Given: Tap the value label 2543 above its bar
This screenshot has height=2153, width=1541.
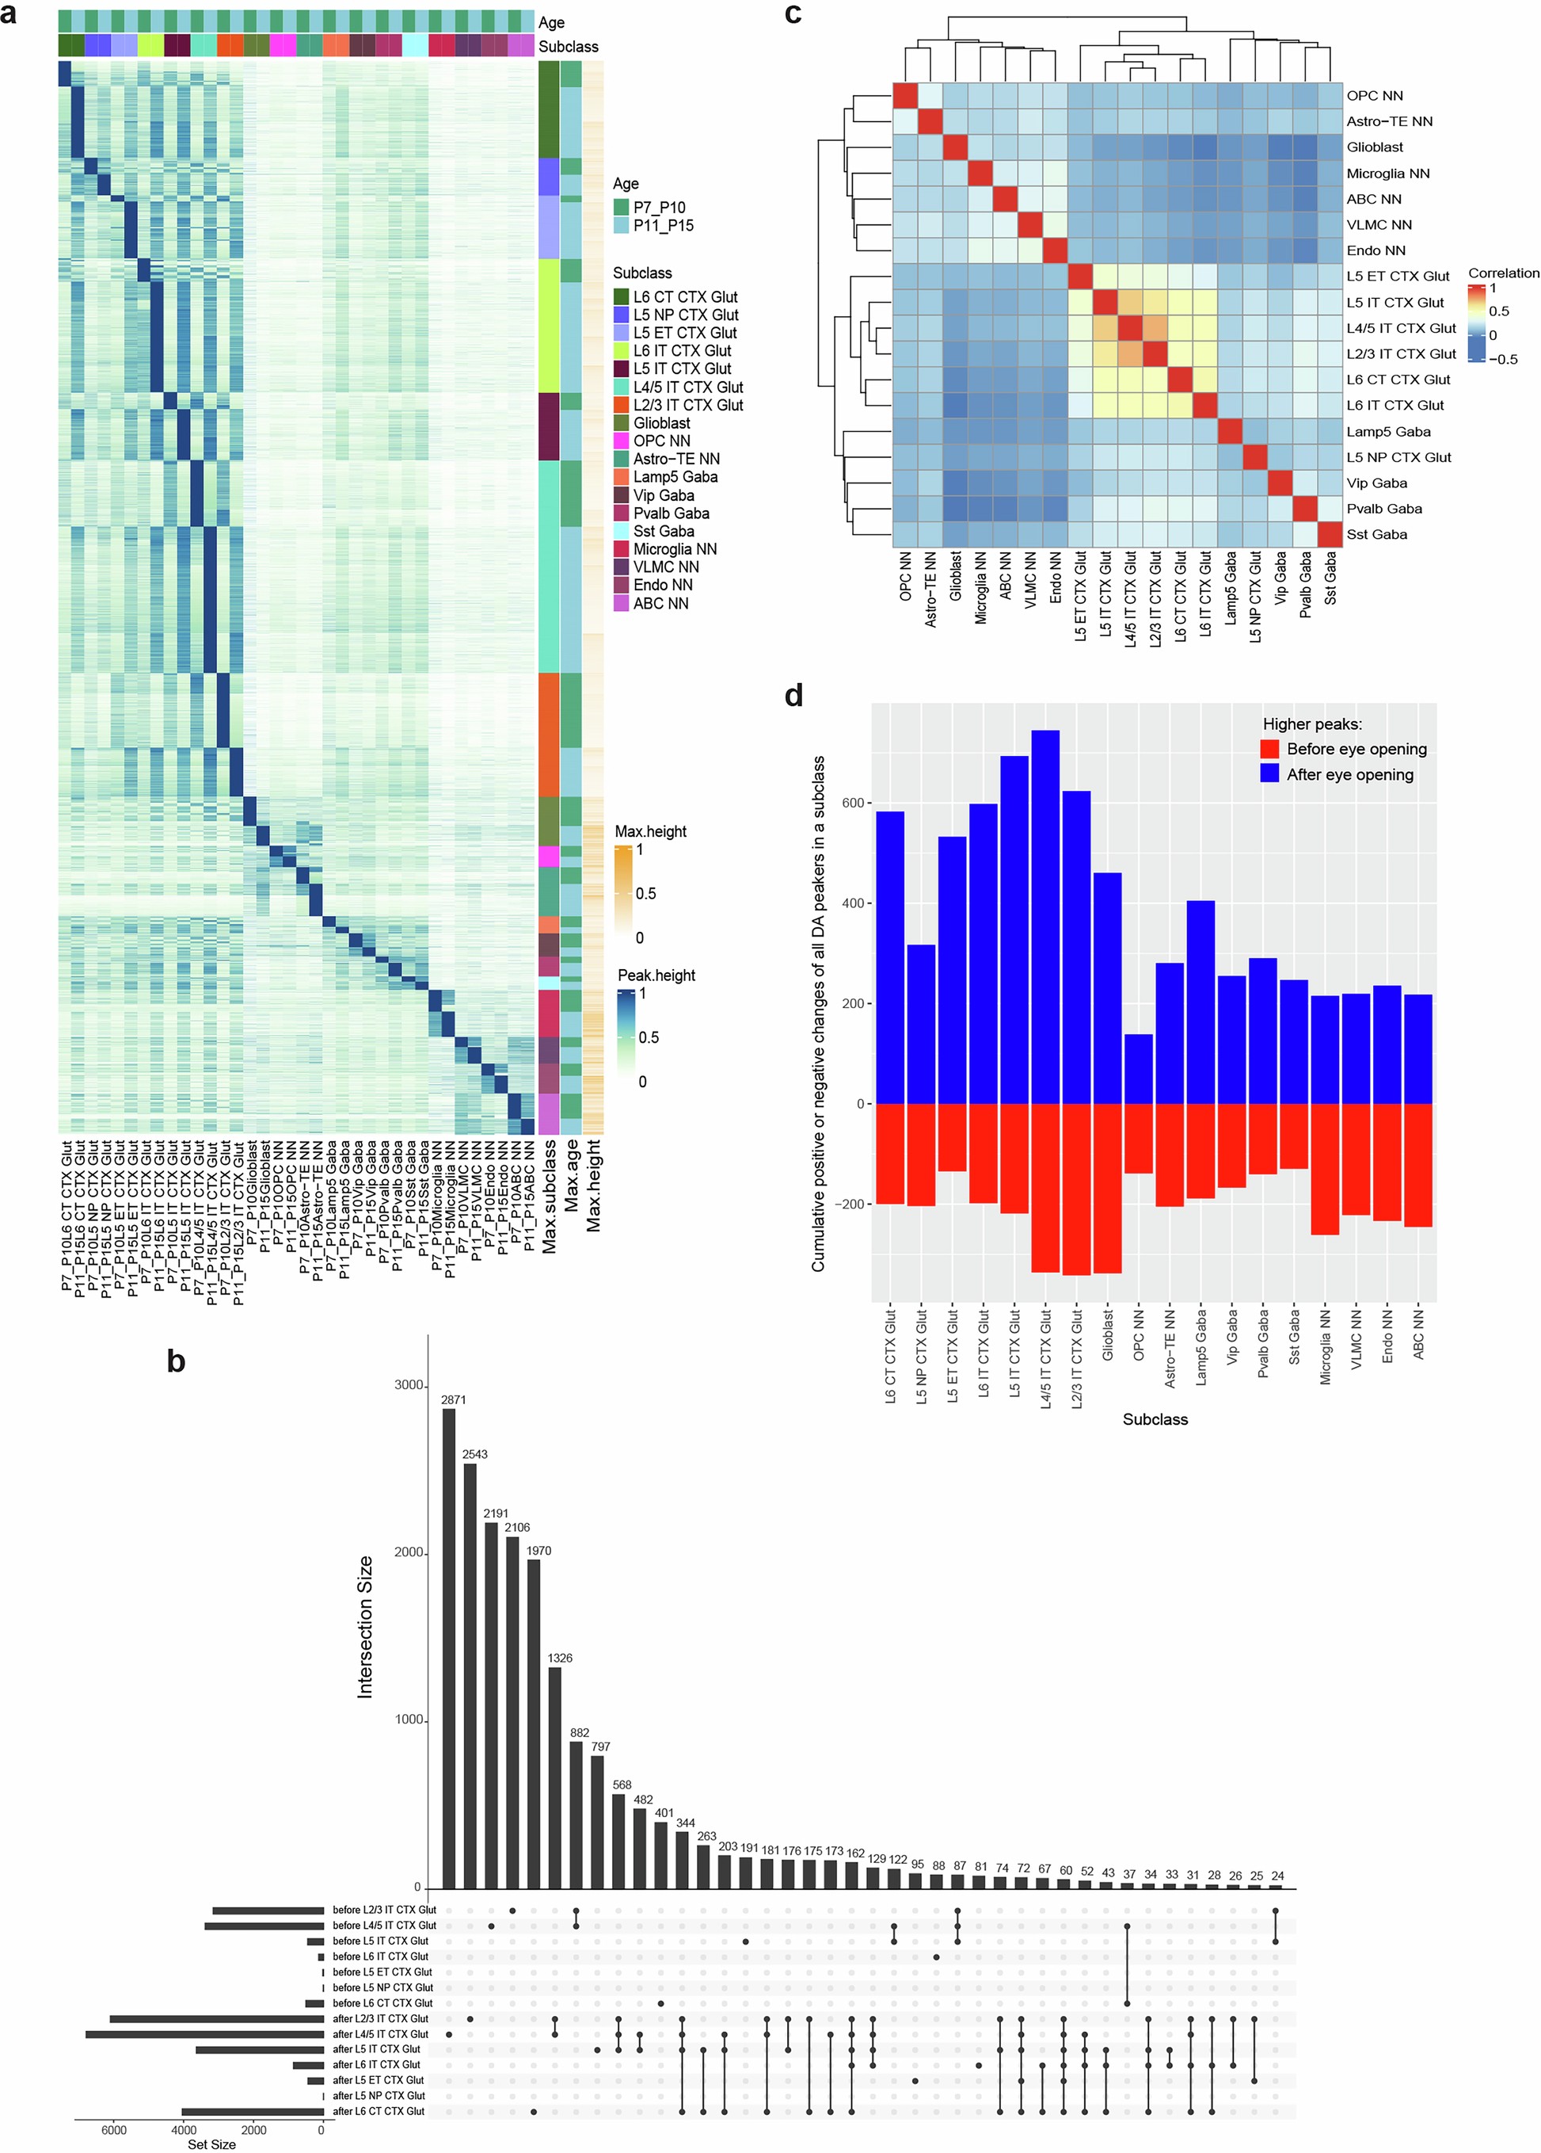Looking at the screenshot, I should [x=474, y=1454].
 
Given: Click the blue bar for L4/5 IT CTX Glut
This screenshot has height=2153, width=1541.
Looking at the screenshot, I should [x=1044, y=916].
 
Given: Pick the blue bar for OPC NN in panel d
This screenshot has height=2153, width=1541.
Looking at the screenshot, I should [x=1139, y=1069].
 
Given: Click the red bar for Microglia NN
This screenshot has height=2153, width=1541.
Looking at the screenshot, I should [x=1325, y=1169].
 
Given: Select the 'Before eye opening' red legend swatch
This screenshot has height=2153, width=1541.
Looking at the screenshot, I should [x=1269, y=749].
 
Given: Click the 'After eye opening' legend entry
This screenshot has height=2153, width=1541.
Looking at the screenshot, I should [x=1349, y=775].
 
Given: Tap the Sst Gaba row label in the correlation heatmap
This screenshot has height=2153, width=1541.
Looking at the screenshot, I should [x=1376, y=534].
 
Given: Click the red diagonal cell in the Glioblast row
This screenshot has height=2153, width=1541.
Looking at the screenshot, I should [x=954, y=147].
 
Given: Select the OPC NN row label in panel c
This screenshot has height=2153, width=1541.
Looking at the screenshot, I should [x=1374, y=96].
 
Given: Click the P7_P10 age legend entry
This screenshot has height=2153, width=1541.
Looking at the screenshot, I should [x=660, y=207].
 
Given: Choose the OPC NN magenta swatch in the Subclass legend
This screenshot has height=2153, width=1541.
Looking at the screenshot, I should [x=622, y=441].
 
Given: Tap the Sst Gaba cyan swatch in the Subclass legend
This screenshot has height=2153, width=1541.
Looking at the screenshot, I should [x=622, y=531].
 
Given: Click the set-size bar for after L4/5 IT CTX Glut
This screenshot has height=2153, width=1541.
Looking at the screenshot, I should [x=205, y=2034].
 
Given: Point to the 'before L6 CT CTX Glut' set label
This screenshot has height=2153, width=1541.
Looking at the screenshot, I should [x=382, y=2003].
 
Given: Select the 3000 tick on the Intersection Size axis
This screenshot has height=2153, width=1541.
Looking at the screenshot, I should [x=408, y=1385].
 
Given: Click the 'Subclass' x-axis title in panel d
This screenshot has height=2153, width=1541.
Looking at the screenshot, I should [x=1155, y=1419].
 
